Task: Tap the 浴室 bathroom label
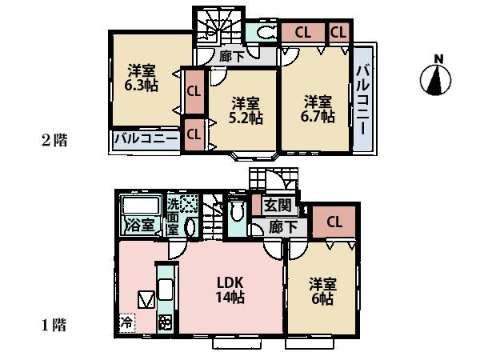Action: pyautogui.click(x=139, y=225)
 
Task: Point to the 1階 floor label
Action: pyautogui.click(x=54, y=325)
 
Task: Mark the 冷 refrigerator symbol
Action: pyautogui.click(x=126, y=323)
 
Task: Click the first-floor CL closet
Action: pyautogui.click(x=334, y=222)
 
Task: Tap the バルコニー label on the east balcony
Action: pyautogui.click(x=362, y=102)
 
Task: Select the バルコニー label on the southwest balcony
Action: pyautogui.click(x=146, y=138)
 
